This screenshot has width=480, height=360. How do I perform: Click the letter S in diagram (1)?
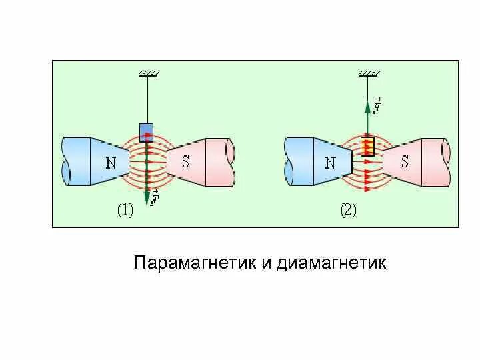click(185, 161)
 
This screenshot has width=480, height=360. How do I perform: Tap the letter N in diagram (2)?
click(331, 162)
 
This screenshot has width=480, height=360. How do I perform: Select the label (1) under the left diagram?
click(125, 211)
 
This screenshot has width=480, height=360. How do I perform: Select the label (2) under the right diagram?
click(349, 211)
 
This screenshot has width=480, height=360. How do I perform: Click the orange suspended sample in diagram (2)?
click(367, 146)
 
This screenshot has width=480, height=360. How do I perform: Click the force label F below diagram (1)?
click(155, 198)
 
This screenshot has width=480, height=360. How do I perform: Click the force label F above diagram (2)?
click(377, 105)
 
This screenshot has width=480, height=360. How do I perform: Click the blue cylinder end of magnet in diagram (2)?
click(298, 162)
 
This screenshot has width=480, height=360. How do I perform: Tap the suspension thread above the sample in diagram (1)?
click(146, 100)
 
